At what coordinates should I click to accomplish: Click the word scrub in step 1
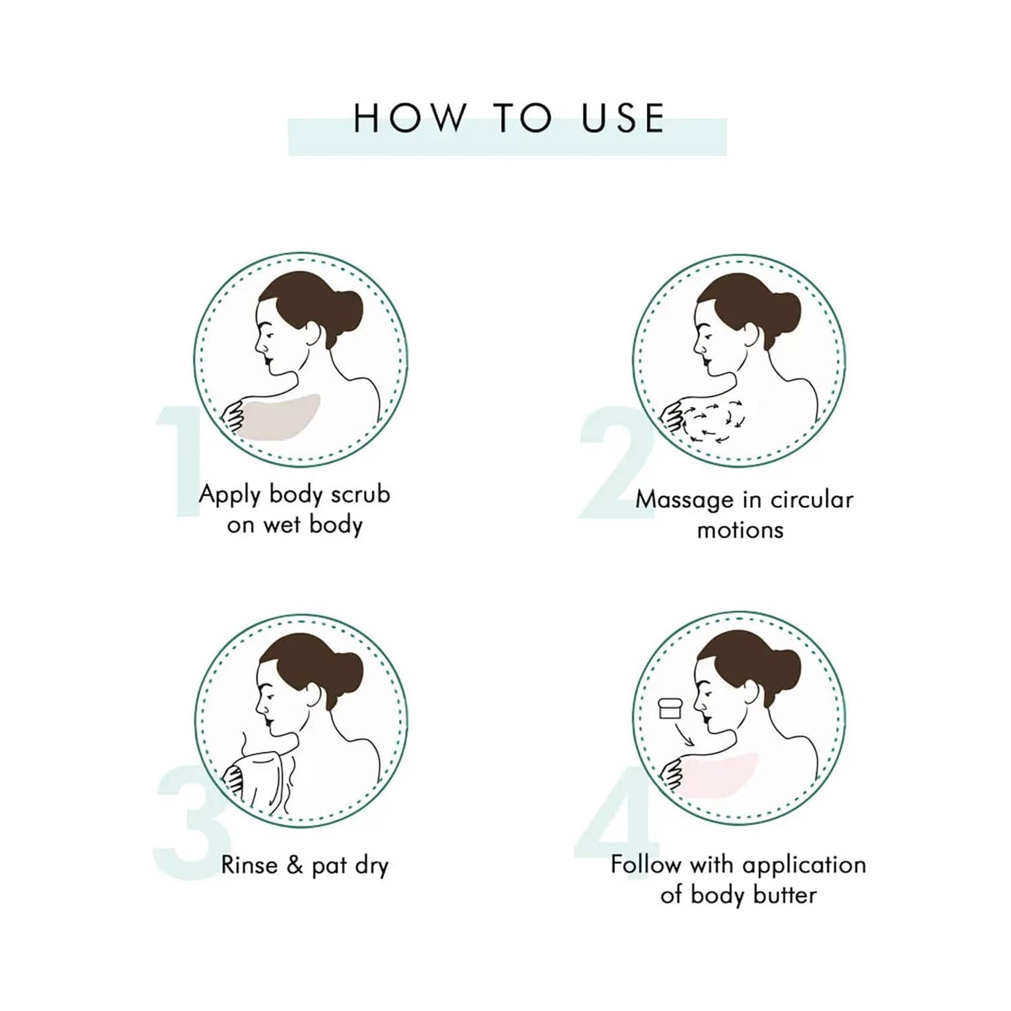click(360, 495)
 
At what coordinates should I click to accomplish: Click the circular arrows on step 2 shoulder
click(710, 420)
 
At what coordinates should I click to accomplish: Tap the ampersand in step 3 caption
click(295, 865)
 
